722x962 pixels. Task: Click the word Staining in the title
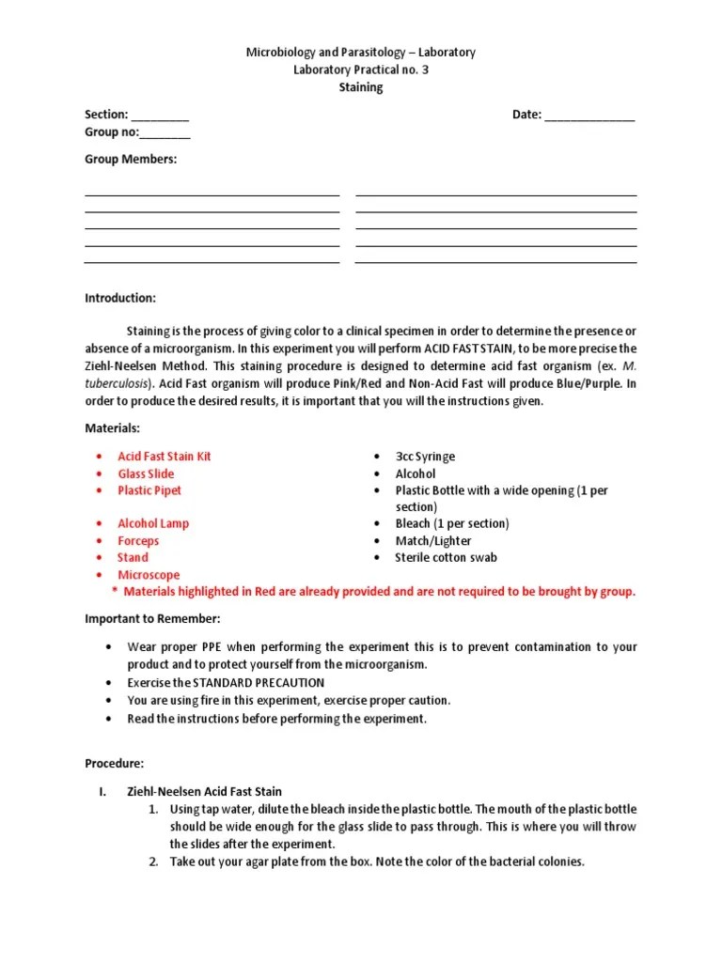[361, 87]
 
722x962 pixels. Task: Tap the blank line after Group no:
[165, 133]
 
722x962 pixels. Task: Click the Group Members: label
[131, 160]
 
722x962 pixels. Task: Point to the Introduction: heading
[120, 298]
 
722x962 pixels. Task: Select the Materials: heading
[112, 427]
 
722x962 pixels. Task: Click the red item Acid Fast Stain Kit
[165, 457]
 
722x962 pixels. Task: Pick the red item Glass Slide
[146, 473]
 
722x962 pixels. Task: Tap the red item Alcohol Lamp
[153, 523]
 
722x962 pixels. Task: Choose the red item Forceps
[138, 540]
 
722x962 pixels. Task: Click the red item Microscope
[149, 575]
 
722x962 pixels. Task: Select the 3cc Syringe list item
[425, 457]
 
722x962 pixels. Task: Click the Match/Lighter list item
[433, 540]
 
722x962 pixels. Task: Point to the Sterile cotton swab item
[447, 557]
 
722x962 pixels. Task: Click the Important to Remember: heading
[152, 619]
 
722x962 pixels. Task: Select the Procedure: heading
[115, 764]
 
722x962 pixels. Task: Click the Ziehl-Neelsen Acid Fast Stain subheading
[204, 792]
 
